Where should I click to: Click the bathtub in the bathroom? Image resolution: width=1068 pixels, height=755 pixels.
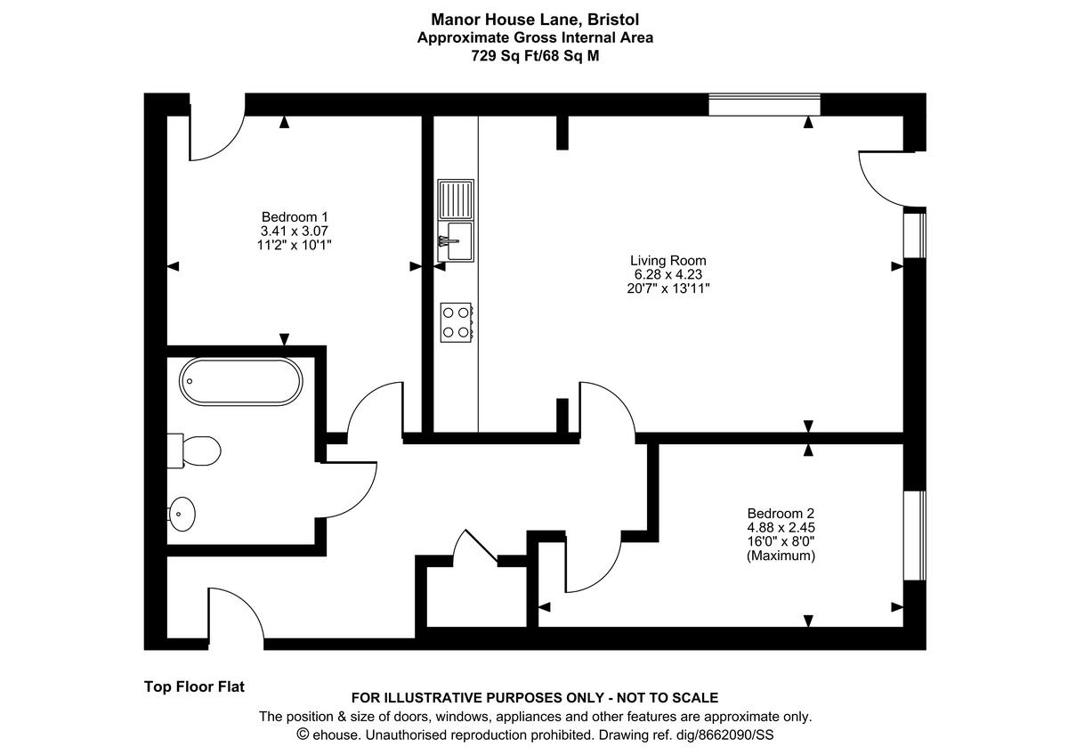click(x=241, y=382)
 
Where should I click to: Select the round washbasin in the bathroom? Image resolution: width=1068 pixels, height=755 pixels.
click(x=182, y=513)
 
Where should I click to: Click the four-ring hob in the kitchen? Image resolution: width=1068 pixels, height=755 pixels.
click(x=457, y=321)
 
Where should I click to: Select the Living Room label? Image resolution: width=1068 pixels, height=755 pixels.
click(x=668, y=260)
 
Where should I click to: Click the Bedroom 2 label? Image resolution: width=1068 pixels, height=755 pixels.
click(x=781, y=513)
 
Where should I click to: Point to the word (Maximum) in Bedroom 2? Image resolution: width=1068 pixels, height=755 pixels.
click(x=781, y=556)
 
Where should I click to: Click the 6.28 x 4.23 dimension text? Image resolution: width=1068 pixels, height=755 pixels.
click(x=668, y=274)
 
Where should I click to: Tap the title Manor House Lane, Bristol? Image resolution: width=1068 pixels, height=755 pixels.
click(x=535, y=19)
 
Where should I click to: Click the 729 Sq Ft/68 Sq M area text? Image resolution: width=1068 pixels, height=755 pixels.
click(x=535, y=55)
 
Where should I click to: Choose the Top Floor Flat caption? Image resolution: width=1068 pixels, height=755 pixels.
click(x=194, y=686)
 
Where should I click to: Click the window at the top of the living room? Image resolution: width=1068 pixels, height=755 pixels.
click(x=764, y=104)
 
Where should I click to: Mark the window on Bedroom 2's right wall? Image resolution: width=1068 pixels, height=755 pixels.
click(x=916, y=534)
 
